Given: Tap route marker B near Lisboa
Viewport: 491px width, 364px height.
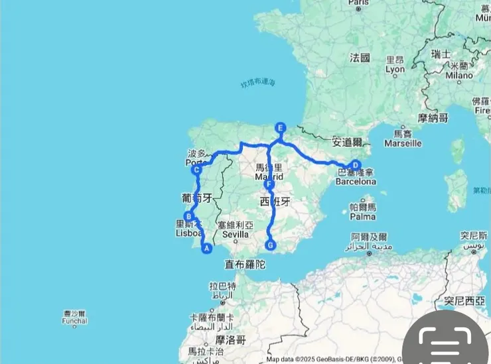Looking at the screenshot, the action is tap(189, 216).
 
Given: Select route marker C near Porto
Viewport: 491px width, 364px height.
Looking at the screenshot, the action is tap(197, 170).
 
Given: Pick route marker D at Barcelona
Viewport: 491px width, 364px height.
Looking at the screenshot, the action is tap(356, 165).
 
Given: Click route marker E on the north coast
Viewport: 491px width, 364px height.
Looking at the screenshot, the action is tap(281, 127).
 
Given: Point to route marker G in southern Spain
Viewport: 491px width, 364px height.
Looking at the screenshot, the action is tap(270, 245).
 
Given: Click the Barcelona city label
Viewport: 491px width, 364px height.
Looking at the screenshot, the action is tap(356, 181).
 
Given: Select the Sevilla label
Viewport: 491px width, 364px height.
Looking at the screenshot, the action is tap(236, 234).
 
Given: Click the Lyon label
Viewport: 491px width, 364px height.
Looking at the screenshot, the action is tap(395, 69).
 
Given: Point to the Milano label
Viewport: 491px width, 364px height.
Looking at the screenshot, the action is tap(459, 75).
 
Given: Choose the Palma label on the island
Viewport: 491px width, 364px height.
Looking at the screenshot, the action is tap(363, 216).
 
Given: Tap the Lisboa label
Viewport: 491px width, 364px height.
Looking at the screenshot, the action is tap(186, 233).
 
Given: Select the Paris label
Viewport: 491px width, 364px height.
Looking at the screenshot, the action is tap(358, 3).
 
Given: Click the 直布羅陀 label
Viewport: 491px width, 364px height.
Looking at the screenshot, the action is tap(245, 264).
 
